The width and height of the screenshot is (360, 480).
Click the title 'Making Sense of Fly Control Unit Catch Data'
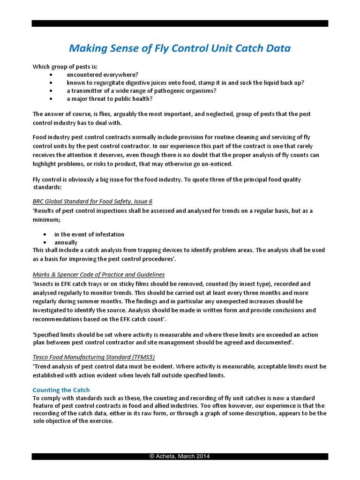point(180,48)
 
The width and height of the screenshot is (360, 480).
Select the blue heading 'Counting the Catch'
point(61,390)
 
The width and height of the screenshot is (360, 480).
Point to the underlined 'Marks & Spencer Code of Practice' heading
point(98,274)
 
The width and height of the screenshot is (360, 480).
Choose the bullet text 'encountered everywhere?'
point(102,75)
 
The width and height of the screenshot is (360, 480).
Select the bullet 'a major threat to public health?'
point(110,98)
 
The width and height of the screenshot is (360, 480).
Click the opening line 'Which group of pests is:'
point(65,67)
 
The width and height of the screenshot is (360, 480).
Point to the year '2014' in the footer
point(202,456)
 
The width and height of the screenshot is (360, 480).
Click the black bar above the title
point(180,23)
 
